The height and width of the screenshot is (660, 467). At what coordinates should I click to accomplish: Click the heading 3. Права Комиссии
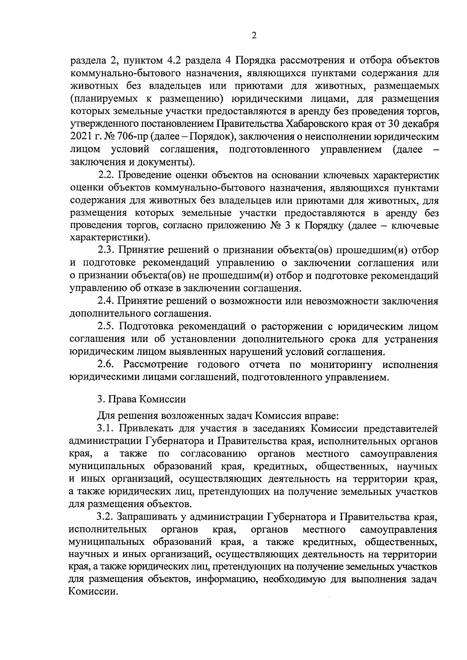(x=141, y=399)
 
